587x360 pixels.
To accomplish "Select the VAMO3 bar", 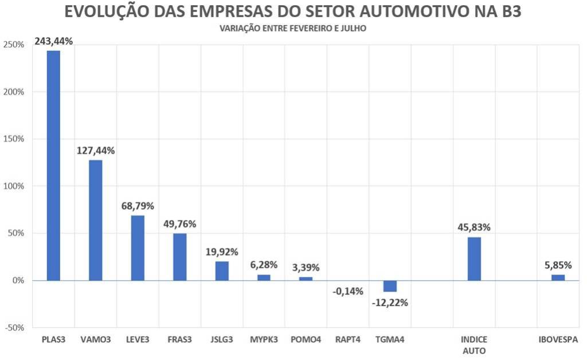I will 96,220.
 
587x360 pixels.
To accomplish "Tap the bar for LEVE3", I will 138,248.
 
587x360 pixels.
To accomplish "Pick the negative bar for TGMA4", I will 390,286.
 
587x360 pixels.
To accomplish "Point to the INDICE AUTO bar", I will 474,259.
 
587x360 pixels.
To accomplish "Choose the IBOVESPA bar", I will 558,277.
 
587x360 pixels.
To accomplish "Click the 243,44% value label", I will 53,41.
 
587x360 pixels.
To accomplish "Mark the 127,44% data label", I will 96,151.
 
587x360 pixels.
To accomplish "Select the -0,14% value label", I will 348,291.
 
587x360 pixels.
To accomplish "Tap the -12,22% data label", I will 389,303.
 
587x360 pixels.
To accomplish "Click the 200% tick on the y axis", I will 14,92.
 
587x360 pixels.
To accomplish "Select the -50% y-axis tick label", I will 14,327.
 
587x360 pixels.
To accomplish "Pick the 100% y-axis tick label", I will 14,186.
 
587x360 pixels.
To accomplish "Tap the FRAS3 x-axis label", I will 179,339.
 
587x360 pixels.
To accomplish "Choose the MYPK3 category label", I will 264,339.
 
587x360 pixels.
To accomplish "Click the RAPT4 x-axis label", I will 348,339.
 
